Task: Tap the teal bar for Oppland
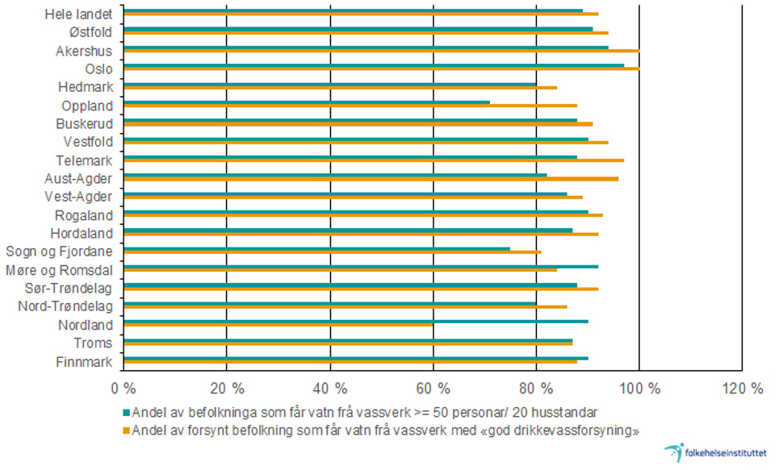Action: pos(307,102)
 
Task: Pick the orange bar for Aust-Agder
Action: pos(371,179)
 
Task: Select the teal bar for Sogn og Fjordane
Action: pos(316,248)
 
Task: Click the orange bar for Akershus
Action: pos(381,51)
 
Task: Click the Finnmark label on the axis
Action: pos(85,362)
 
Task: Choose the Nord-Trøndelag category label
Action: pos(65,306)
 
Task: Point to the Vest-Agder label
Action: pos(78,197)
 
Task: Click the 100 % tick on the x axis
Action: pos(639,388)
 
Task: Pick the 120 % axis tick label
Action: pos(742,388)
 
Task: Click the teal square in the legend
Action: pos(125,412)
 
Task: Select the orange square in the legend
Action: pos(125,429)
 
